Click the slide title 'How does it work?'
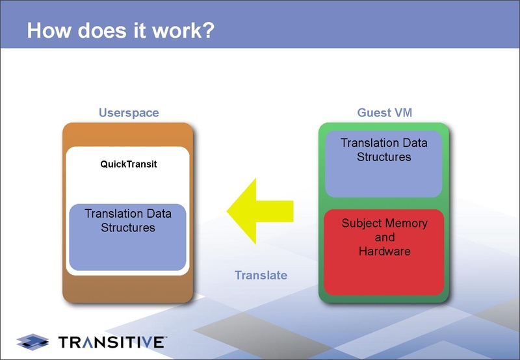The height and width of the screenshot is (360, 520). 120,31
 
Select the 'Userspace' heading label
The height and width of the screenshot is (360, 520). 129,112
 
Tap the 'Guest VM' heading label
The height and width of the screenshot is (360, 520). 384,112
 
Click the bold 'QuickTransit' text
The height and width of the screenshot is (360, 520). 129,164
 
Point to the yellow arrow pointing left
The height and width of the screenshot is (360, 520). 260,210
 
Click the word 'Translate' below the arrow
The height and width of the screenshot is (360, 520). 261,275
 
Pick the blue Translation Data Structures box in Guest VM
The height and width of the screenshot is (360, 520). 384,164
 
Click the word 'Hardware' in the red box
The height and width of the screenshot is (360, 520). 384,251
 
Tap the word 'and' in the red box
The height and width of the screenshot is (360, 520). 384,237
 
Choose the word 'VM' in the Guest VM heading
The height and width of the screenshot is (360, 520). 402,112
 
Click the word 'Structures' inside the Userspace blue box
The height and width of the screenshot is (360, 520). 128,227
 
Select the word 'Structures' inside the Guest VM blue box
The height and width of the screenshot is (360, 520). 384,157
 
